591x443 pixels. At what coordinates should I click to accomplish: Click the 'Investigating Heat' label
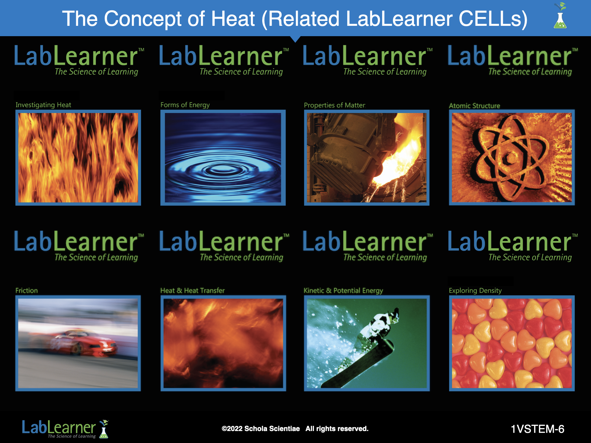click(x=43, y=105)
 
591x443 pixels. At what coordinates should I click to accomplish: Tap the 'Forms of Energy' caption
click(x=185, y=105)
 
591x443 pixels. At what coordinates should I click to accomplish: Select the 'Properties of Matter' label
click(x=335, y=105)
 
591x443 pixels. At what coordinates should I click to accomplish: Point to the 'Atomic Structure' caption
click(x=474, y=106)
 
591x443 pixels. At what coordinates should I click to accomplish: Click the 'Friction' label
click(x=26, y=291)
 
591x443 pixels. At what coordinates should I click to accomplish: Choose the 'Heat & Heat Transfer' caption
click(x=192, y=291)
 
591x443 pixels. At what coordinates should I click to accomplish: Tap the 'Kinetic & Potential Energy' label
click(x=343, y=291)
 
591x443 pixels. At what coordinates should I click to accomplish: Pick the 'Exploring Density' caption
click(x=475, y=291)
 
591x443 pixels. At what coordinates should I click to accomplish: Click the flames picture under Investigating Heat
click(x=78, y=158)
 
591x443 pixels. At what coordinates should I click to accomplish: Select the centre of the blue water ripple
click(x=223, y=168)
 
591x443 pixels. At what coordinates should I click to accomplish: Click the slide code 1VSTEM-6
click(x=537, y=429)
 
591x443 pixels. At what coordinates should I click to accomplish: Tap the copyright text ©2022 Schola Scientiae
click(x=261, y=429)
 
